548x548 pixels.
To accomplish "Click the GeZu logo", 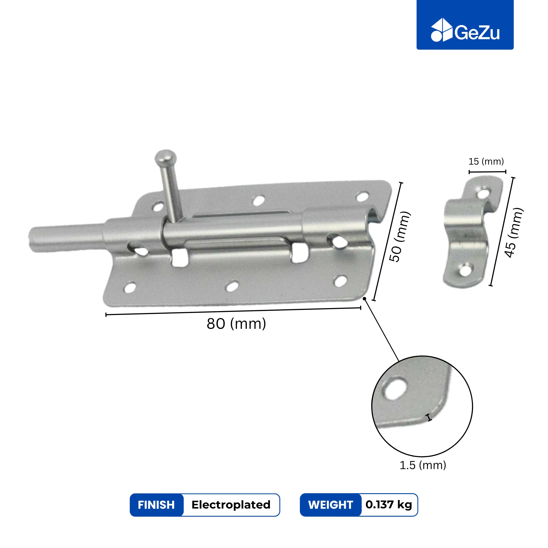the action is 465,30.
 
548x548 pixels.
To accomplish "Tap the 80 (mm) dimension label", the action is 236,324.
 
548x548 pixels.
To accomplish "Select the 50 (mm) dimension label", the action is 399,237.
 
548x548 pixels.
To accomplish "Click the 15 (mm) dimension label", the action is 486,161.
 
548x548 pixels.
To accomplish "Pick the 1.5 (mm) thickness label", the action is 423,465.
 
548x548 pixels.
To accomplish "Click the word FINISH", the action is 156,505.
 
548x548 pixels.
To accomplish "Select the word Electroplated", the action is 231,505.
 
